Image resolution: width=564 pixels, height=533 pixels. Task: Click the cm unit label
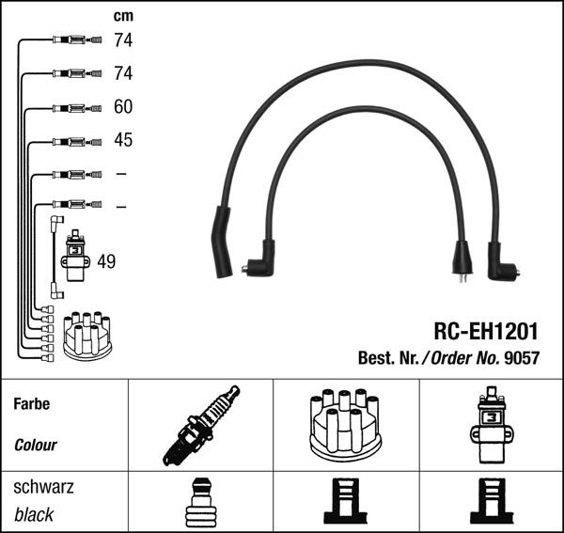(x=122, y=16)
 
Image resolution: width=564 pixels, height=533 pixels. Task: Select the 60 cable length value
(x=123, y=107)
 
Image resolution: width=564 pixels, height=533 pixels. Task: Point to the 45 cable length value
(x=123, y=140)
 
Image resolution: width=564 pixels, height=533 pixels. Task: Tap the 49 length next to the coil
(x=106, y=261)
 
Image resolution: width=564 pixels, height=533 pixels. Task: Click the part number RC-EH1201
(x=486, y=331)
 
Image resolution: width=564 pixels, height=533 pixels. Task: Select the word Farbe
(x=32, y=404)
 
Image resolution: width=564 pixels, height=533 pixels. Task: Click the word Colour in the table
(x=36, y=445)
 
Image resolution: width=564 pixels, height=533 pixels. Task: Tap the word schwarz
(x=43, y=488)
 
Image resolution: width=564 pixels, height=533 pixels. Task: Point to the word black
(x=34, y=514)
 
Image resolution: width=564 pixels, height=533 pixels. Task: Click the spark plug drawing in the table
(x=200, y=426)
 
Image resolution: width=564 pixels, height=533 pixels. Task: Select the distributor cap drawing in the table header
(x=344, y=425)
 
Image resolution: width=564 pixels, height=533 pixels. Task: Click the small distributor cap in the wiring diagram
(x=86, y=336)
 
